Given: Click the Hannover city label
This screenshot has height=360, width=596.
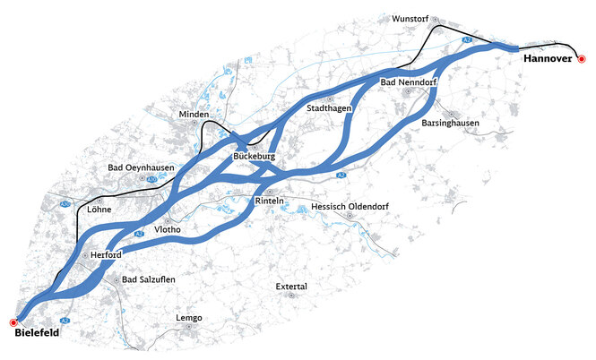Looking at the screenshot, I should coord(546,59).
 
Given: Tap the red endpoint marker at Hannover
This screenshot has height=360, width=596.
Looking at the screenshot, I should coord(582,59).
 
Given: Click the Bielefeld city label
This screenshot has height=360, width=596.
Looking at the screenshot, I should coord(38,333).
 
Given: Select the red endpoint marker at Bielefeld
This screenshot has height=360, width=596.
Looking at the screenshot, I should coord(13,321).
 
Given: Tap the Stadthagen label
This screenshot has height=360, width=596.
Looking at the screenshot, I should coord(328,107).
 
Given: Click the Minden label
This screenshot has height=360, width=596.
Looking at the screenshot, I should coord(194,116).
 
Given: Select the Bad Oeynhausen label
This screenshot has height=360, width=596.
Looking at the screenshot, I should coord(134,167).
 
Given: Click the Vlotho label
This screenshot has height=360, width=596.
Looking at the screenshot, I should coord(168,230).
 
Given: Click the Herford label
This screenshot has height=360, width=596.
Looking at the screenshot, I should coord(106,255).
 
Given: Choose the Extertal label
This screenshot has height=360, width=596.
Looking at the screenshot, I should coord(291,287).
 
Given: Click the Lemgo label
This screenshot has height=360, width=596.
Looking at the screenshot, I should coord(189,318).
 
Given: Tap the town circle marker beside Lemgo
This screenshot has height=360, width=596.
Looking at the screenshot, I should coord(190,328).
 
